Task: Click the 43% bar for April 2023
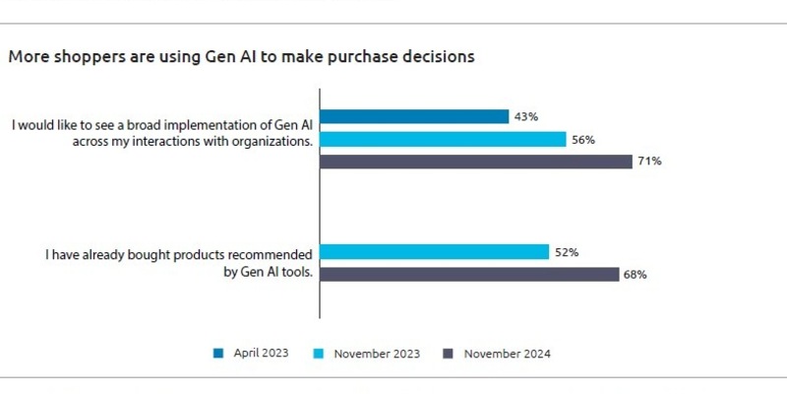pos(414,116)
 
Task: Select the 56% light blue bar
pos(443,139)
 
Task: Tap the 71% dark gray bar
pos(476,162)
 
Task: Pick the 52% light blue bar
pos(435,252)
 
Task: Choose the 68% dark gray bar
pos(469,275)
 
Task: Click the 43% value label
pos(525,116)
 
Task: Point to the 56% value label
pos(583,139)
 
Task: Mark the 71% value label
pos(648,162)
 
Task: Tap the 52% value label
pos(567,252)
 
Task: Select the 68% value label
pos(635,275)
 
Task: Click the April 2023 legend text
pos(261,353)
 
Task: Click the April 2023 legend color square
pos(218,353)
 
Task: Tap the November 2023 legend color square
pos(318,353)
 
